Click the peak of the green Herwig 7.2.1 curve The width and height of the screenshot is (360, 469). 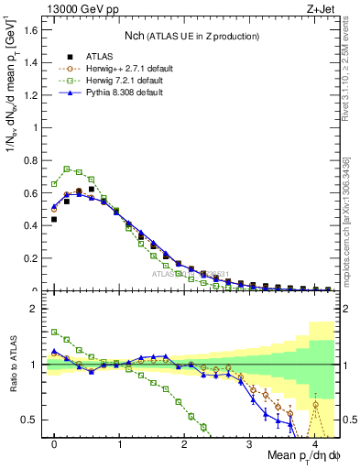67,169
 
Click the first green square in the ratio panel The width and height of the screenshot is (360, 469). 54,332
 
